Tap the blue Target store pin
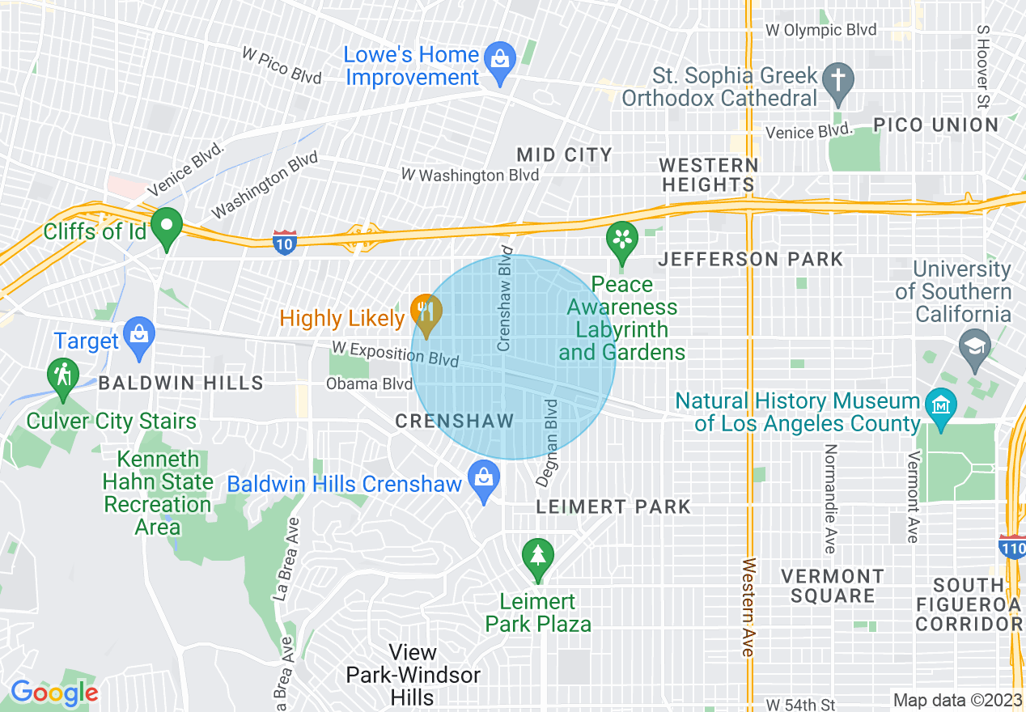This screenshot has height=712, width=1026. point(140,336)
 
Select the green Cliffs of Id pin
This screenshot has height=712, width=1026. point(167,227)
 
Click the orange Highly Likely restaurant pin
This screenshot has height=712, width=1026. point(426,313)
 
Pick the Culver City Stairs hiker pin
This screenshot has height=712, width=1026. point(62,378)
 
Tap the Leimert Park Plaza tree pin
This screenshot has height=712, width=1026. point(537,558)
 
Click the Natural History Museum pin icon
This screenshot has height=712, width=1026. point(940,402)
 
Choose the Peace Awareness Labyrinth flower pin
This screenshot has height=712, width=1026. point(622,240)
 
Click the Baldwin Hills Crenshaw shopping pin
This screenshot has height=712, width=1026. point(484,480)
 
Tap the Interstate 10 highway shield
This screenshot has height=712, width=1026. point(284,242)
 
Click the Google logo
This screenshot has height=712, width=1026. point(54,693)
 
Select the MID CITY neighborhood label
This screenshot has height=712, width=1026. point(564,155)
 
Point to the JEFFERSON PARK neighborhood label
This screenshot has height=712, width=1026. point(750,260)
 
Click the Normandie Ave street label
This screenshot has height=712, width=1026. point(829,498)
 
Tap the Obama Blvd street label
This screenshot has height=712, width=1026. point(369,384)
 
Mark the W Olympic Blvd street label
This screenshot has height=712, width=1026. point(821,30)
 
